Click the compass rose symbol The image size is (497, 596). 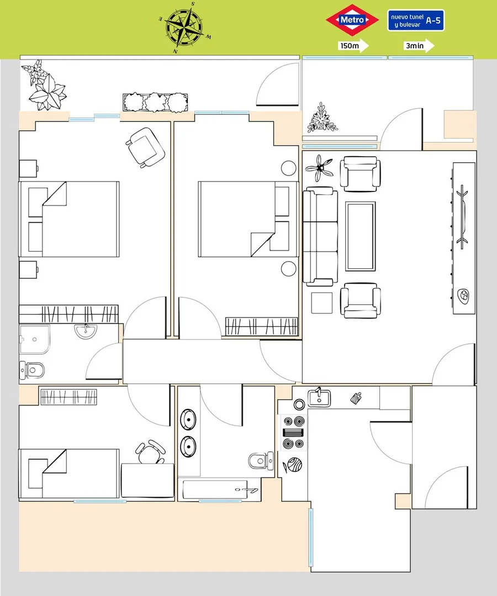[x=184, y=28]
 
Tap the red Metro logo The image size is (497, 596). [x=352, y=20]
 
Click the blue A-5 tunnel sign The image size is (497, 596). [x=416, y=20]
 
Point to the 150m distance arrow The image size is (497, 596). [x=353, y=46]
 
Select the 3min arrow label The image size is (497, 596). [x=419, y=46]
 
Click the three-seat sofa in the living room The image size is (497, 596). [x=320, y=236]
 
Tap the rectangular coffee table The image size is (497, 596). [x=360, y=236]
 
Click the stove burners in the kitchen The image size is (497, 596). [x=294, y=433]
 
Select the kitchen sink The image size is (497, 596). [x=319, y=397]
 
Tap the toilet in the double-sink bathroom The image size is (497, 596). [x=261, y=461]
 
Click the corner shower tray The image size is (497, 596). [x=35, y=339]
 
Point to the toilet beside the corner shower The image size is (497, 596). [x=32, y=370]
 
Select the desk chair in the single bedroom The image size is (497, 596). [x=151, y=451]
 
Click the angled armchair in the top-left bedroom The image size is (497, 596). [x=145, y=147]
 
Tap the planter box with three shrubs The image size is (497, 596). [x=155, y=103]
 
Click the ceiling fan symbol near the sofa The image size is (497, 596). [x=319, y=168]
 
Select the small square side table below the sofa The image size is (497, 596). [x=322, y=303]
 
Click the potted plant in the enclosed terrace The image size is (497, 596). [x=322, y=118]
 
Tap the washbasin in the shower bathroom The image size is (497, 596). [x=86, y=331]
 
